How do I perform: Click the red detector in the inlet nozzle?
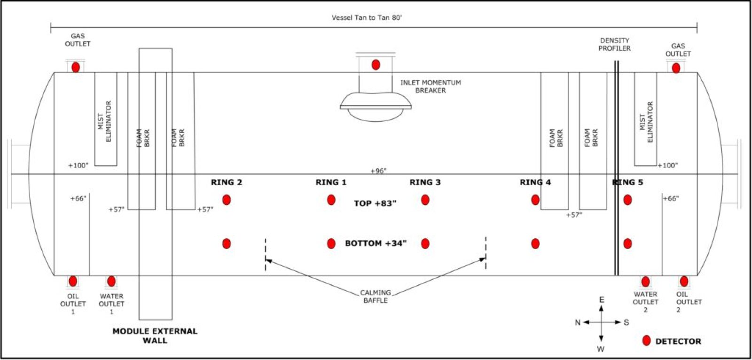tap(376, 65)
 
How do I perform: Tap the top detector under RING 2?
tap(227, 200)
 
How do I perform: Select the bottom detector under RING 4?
tap(535, 243)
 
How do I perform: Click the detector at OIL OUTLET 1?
tap(73, 281)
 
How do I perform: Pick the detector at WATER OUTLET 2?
tap(645, 282)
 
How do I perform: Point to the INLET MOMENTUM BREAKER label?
tap(431, 86)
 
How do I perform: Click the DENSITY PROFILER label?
tap(614, 44)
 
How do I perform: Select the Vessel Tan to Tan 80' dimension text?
tap(367, 18)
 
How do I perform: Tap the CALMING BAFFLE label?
tap(376, 296)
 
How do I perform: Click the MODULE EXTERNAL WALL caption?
tap(155, 336)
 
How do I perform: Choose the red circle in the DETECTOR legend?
tap(647, 341)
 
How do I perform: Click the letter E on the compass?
tap(602, 300)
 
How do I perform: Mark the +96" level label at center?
tap(378, 171)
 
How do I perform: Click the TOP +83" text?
tap(375, 203)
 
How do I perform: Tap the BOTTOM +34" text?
tap(376, 243)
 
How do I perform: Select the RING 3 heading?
tap(425, 182)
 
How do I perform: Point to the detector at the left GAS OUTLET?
tap(76, 67)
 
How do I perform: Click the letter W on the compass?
tap(601, 349)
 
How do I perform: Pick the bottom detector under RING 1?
tap(331, 243)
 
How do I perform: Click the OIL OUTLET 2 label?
tap(688, 302)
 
